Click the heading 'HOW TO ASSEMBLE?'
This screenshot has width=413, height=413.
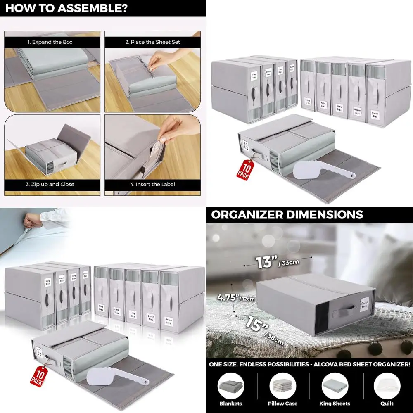pos(66,8)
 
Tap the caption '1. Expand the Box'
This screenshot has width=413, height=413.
pos(52,42)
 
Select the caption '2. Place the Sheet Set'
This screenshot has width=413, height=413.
pos(153,42)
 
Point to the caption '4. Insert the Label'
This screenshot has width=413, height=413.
pos(153,184)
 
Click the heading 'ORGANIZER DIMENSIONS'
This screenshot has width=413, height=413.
pos(287,215)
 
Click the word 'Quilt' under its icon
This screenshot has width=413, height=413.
pos(387,404)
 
